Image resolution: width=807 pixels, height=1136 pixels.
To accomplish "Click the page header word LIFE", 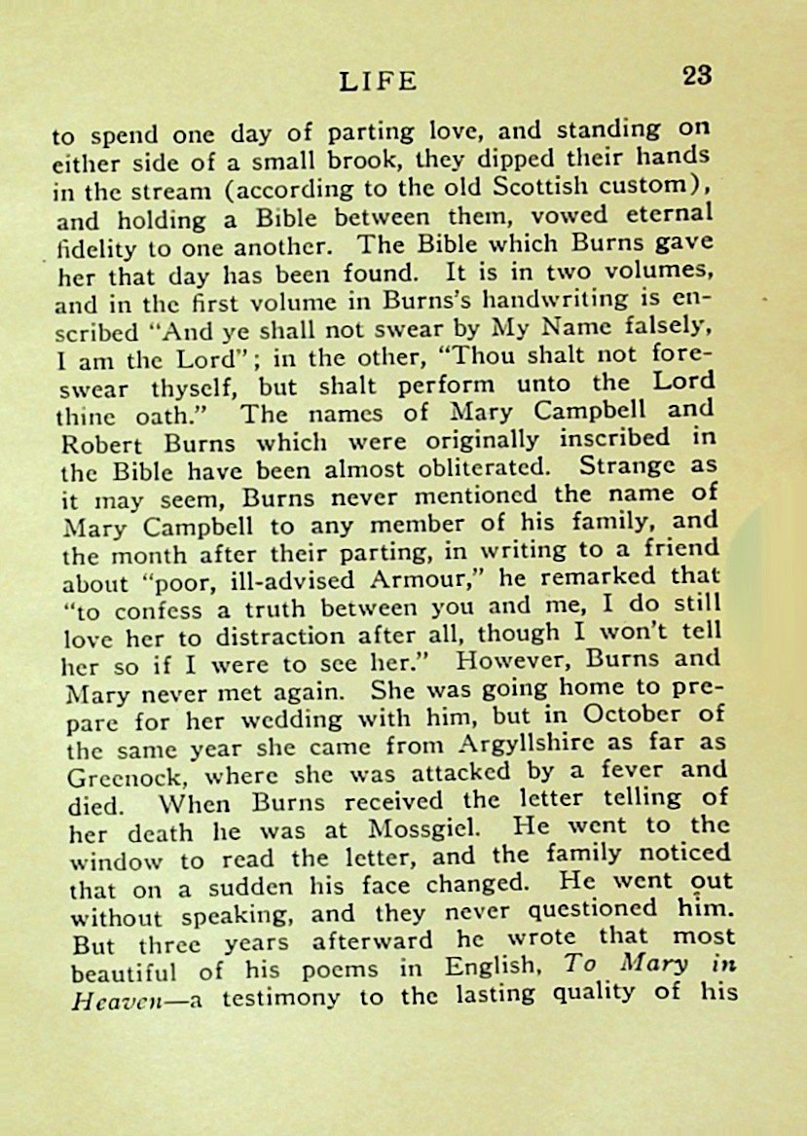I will [379, 81].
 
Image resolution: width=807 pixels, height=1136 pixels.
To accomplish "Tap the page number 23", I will [697, 76].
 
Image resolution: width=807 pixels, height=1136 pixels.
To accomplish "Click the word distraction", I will [315, 640].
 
